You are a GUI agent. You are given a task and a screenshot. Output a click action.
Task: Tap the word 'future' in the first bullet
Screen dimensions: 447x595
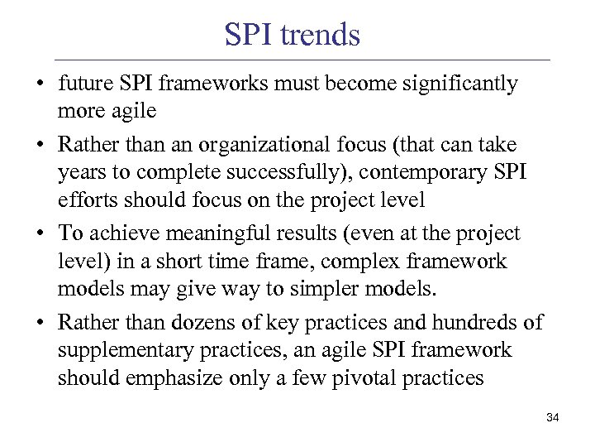pyautogui.click(x=82, y=84)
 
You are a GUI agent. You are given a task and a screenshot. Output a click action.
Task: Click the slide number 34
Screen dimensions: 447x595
pyautogui.click(x=553, y=418)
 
